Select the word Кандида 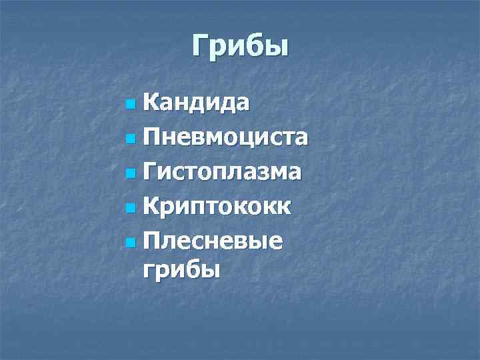click(x=197, y=103)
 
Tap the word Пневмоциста click(x=225, y=137)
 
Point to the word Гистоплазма click(x=221, y=172)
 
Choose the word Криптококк click(x=216, y=207)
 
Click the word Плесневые click(x=212, y=241)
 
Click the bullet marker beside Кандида click(x=129, y=104)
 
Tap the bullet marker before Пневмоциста click(x=129, y=139)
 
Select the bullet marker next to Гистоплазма click(x=129, y=173)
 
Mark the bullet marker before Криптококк click(x=129, y=208)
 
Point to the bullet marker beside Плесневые click(x=129, y=243)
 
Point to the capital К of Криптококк click(x=151, y=206)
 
